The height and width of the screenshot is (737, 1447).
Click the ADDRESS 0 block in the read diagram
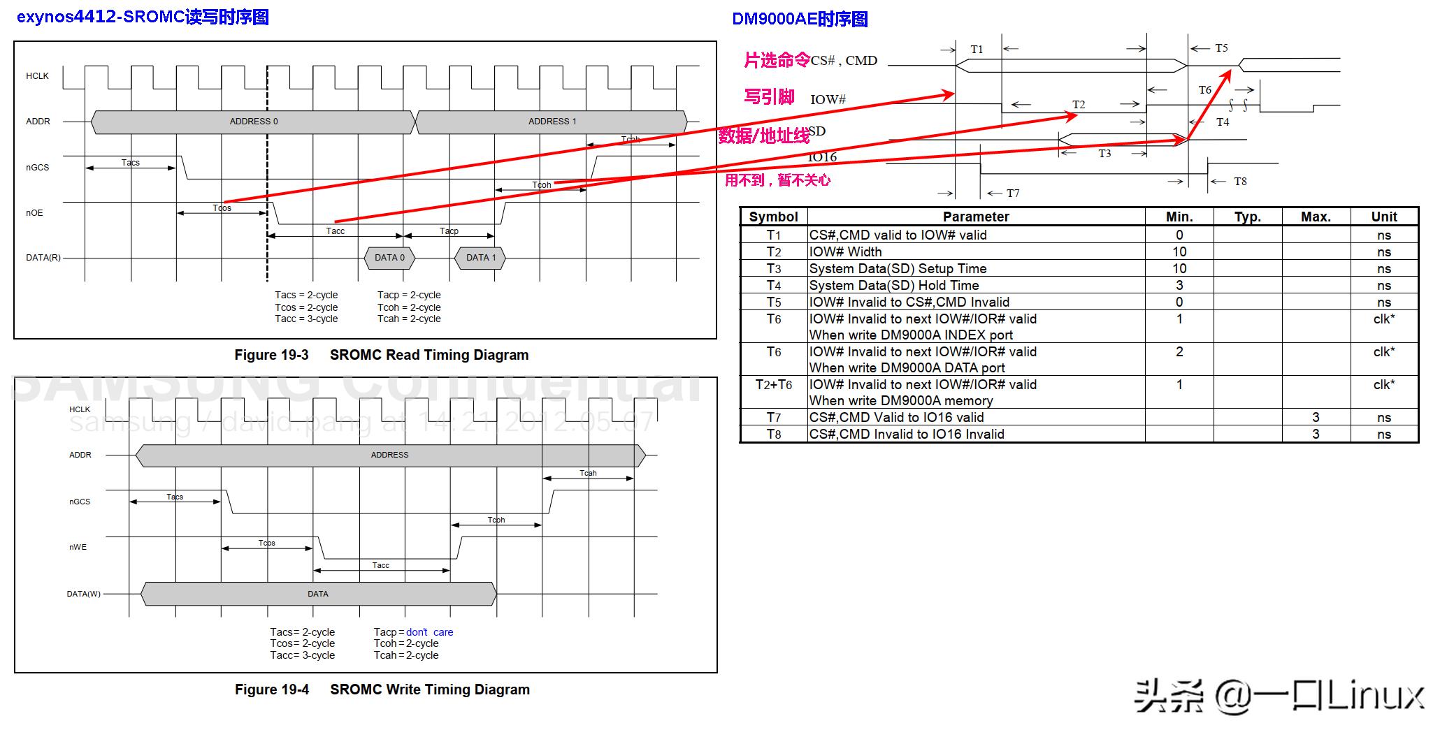coord(253,122)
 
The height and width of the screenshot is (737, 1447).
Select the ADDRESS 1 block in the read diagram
coord(552,122)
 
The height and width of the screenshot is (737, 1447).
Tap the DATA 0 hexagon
coord(389,258)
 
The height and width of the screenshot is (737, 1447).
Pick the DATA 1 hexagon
coord(480,258)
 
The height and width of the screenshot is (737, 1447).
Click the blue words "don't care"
coord(429,632)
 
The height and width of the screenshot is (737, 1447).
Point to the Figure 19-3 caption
coord(381,355)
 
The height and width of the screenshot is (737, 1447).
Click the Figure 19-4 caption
coord(382,689)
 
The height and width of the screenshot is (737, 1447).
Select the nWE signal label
coord(78,547)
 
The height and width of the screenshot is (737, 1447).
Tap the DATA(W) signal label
coord(84,594)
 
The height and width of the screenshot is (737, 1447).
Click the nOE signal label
coord(34,213)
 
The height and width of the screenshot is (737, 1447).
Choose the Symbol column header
coord(773,217)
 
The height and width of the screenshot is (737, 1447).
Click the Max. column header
coord(1315,217)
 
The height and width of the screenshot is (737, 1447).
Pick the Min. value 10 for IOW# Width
coord(1179,251)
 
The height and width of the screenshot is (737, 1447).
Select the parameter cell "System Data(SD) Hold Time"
coord(894,285)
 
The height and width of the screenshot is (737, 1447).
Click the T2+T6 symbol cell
coord(773,385)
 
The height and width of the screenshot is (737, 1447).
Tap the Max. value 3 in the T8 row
coord(1315,434)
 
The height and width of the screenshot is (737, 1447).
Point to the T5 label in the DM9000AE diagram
coord(1221,48)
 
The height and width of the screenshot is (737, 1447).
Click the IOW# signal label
coord(828,99)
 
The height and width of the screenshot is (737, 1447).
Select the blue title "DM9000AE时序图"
coord(800,19)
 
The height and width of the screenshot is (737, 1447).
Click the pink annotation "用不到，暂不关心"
coord(777,180)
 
